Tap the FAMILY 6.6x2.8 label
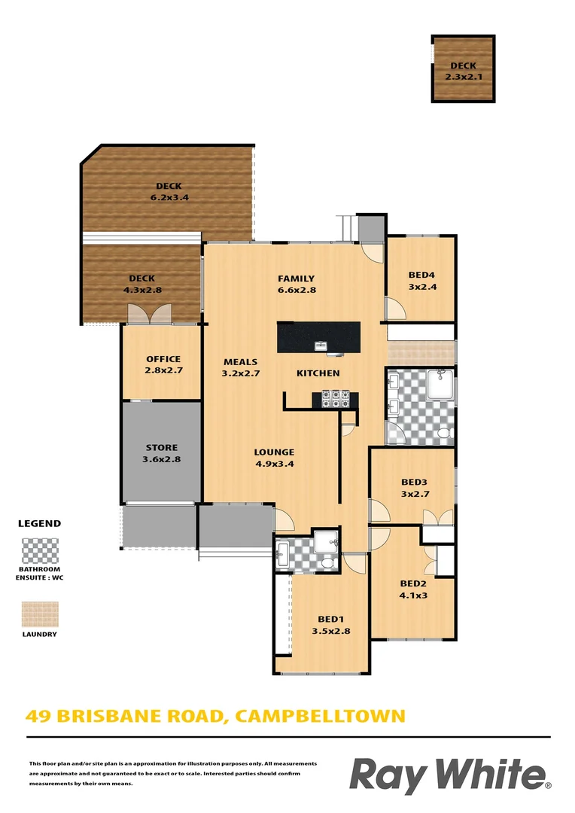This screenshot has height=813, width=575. (x=296, y=284)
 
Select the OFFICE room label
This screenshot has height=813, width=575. (x=163, y=364)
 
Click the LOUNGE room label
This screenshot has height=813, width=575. (x=274, y=458)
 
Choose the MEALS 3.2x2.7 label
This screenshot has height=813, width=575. (x=240, y=367)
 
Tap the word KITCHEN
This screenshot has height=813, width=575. (x=318, y=373)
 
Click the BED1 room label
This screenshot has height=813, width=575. (x=331, y=626)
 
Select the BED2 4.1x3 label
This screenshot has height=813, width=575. (x=414, y=589)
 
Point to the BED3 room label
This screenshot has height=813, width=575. (x=414, y=487)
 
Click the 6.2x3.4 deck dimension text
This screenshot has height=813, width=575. (x=169, y=197)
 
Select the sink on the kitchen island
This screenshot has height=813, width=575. (x=321, y=346)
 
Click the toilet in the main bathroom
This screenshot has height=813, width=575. (x=444, y=433)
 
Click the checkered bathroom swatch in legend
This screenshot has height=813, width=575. (x=40, y=550)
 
